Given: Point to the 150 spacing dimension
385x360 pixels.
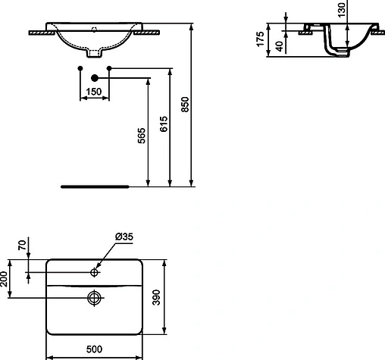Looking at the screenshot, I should (x=94, y=92).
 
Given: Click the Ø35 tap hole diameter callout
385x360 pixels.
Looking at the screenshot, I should (x=124, y=236).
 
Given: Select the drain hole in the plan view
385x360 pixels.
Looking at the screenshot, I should (x=95, y=297).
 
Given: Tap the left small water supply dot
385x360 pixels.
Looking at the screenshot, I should (x=80, y=69).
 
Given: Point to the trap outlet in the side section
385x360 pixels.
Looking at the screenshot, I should (x=338, y=52).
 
